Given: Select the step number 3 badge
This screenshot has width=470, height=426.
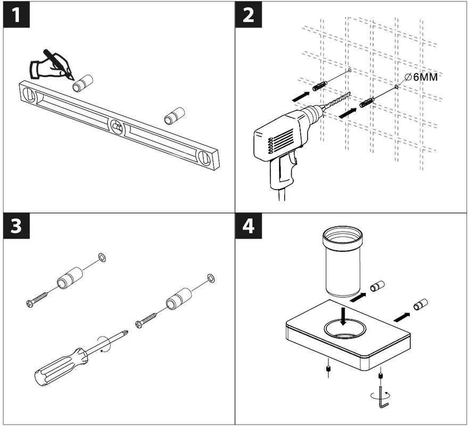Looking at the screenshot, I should (x=17, y=226).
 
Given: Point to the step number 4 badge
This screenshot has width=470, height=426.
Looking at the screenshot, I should (x=248, y=226).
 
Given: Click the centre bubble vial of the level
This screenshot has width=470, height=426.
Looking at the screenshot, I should (x=117, y=126).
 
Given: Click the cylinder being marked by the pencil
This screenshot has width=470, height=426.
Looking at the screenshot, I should (x=83, y=84).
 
